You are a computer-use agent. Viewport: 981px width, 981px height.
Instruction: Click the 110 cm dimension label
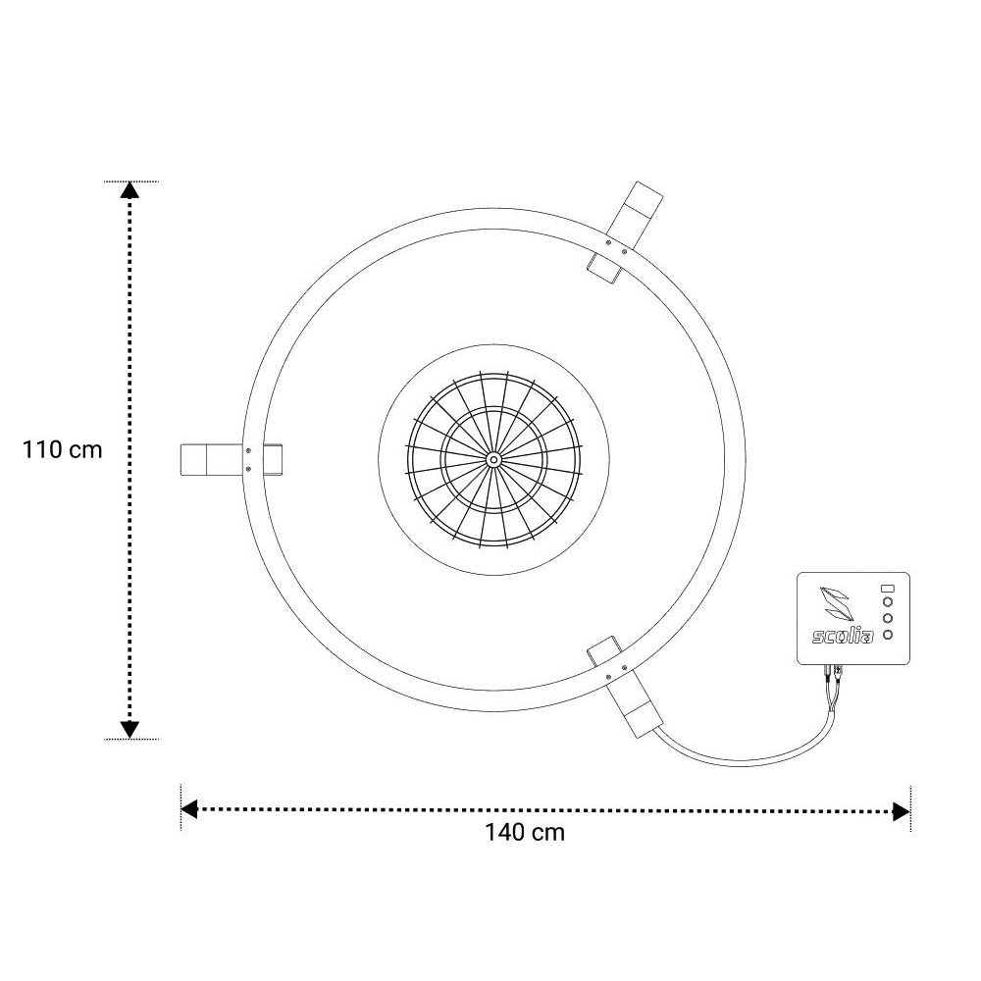pos(62,450)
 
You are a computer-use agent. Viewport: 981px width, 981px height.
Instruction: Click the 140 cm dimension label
pos(525,833)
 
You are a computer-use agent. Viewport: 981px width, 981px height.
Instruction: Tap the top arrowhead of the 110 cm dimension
pos(129,190)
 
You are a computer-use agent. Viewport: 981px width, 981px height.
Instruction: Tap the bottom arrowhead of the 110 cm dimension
pos(129,730)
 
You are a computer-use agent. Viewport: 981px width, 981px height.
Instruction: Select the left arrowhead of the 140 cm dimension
pos(189,809)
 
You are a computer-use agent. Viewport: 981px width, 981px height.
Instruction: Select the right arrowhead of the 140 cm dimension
pos(902,812)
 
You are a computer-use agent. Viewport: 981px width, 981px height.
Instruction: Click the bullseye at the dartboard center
pos(493,460)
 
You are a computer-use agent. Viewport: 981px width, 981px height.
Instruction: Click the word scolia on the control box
pos(843,637)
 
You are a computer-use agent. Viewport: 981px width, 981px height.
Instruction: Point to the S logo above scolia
pos(837,603)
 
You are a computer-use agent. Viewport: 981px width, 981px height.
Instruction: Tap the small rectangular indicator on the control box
pos(887,588)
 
